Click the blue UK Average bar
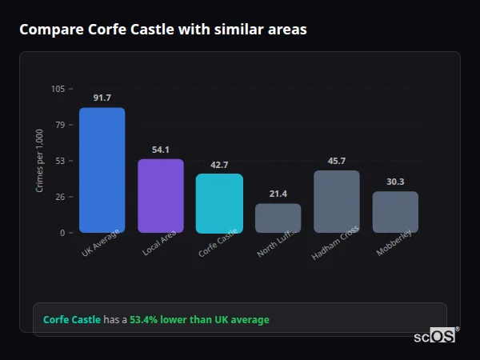coord(102,170)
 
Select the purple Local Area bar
coord(161,196)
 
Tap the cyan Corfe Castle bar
coord(219,203)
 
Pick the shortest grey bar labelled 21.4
coord(278,218)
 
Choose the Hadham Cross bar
coord(337,202)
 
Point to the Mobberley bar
coord(395,212)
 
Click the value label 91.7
coord(102,98)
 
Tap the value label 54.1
coord(161,150)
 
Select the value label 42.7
coord(219,165)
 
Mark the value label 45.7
coord(337,161)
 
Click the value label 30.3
coord(395,182)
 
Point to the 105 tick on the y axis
coord(58,89)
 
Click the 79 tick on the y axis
coord(60,125)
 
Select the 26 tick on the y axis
coord(60,197)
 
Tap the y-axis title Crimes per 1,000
coord(40,161)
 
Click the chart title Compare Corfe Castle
coord(162,30)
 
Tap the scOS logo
coord(435,336)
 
